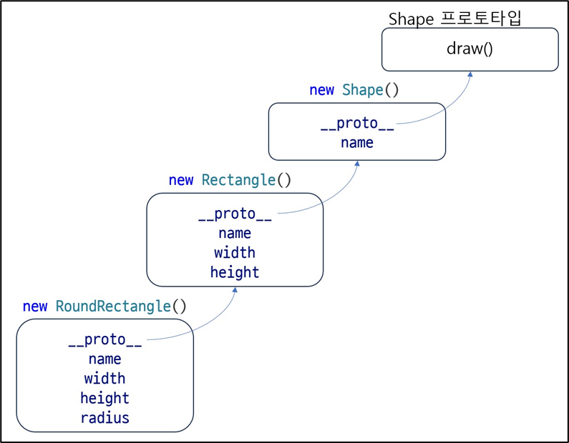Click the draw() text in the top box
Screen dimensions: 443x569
(470, 49)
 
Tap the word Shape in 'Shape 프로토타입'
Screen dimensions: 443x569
(410, 19)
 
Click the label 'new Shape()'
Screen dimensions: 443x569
(354, 90)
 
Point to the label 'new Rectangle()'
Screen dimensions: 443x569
(230, 180)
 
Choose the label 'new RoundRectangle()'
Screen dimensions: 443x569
(104, 307)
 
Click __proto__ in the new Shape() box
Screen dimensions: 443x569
(357, 124)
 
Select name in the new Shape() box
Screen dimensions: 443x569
(357, 142)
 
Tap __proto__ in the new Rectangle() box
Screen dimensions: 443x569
(235, 214)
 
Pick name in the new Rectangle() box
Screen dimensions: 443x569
(235, 233)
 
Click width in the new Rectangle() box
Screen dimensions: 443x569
(235, 252)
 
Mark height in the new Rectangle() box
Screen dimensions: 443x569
(235, 272)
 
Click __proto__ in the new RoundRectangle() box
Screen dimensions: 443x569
(104, 340)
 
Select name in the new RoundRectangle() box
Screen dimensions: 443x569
(104, 359)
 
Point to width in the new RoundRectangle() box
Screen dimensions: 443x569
(104, 378)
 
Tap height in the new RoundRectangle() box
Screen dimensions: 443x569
(104, 398)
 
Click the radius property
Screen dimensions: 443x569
(104, 417)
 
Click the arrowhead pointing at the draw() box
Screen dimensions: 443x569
(470, 74)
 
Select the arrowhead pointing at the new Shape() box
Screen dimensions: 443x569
(357, 164)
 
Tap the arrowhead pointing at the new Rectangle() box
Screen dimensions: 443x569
(235, 289)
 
